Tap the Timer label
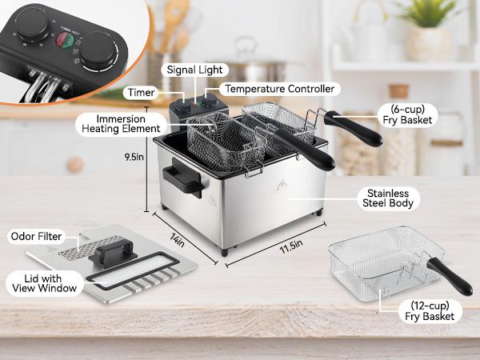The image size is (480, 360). (x=139, y=93)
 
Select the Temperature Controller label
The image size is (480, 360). (x=278, y=89)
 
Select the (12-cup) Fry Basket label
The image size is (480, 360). (x=417, y=310)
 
